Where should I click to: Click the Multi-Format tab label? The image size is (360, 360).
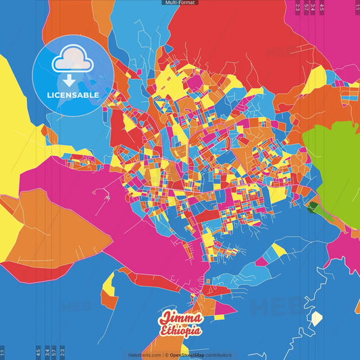[x=180, y=3]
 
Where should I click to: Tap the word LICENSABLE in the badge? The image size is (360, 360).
[x=73, y=95]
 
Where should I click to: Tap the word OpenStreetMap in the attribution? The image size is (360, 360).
[x=187, y=355]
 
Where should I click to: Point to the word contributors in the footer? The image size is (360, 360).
[x=218, y=355]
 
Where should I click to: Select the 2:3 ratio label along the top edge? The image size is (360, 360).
[x=298, y=7]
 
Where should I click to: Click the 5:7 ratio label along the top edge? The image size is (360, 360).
[x=306, y=7]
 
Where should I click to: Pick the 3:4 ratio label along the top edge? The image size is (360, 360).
[x=313, y=7]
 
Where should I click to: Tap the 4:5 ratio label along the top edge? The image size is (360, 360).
[x=322, y=7]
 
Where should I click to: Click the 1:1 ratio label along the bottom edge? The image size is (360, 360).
[x=3, y=352]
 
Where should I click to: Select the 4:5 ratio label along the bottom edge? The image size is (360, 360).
[x=38, y=352]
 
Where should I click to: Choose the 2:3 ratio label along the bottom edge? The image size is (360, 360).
[x=62, y=352]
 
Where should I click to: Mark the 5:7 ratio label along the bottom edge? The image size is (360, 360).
[x=54, y=352]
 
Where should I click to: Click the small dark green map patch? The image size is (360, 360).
[x=313, y=206]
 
